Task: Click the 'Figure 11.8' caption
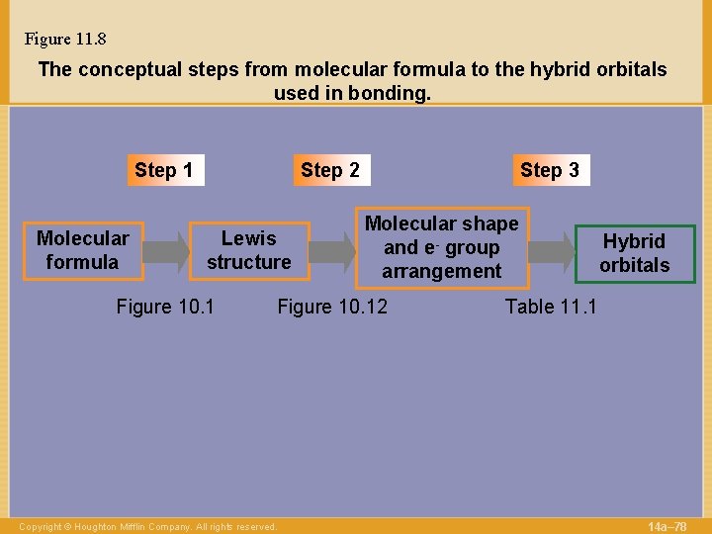(65, 40)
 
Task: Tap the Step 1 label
(163, 170)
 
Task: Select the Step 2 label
(330, 170)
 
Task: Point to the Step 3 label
(550, 170)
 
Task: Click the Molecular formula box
(83, 250)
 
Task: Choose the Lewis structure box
(249, 250)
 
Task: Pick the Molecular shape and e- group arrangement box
(441, 247)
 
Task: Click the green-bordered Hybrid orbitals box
(634, 253)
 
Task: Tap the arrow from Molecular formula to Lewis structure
(168, 251)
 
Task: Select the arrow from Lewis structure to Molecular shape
(334, 251)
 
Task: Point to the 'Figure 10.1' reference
(165, 307)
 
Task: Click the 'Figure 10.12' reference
(332, 307)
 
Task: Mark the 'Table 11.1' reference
(551, 307)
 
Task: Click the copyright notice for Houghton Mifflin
(148, 527)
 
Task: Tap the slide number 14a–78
(667, 526)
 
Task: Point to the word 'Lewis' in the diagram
(249, 238)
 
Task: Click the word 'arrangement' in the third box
(441, 271)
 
